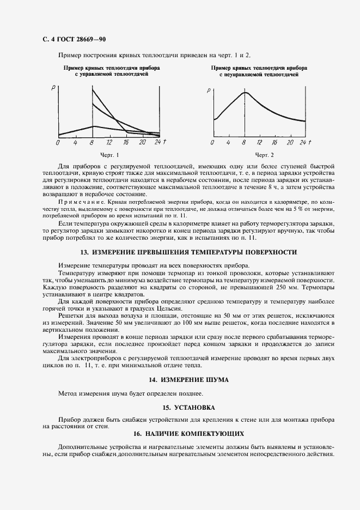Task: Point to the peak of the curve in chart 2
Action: pos(246,93)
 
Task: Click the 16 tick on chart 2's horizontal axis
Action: pos(274,142)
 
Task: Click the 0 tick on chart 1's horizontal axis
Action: pos(58,143)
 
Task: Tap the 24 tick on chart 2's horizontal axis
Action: pos(303,142)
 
